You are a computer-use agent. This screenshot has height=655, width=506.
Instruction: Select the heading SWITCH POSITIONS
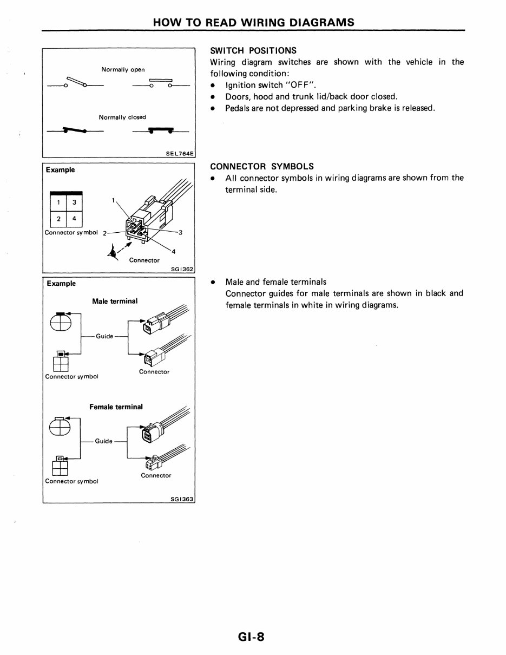(x=253, y=50)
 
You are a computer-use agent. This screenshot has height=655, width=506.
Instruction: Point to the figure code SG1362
(x=182, y=269)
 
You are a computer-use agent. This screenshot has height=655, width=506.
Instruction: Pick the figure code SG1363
(x=182, y=499)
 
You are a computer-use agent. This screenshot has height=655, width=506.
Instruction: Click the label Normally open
(x=123, y=69)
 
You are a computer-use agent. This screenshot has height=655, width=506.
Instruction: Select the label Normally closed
(x=122, y=117)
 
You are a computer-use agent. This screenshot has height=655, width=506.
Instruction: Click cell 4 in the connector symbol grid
(x=74, y=219)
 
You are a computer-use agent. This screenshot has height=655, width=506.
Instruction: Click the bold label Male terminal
(x=115, y=301)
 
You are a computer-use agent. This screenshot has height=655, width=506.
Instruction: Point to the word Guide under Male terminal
(x=104, y=336)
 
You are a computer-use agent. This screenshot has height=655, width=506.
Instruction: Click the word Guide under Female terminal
(x=104, y=441)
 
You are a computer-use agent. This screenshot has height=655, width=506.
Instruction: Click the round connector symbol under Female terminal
(x=60, y=428)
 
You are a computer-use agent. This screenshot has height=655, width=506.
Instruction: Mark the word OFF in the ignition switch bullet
(x=298, y=85)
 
